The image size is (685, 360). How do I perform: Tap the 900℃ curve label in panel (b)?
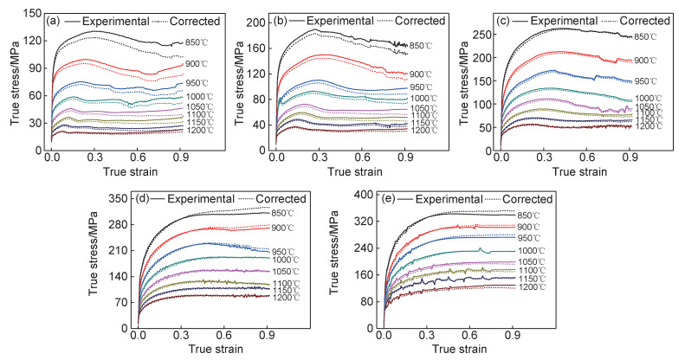coord(421,74)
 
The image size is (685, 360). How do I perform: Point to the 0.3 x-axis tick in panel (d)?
coord(181,333)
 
